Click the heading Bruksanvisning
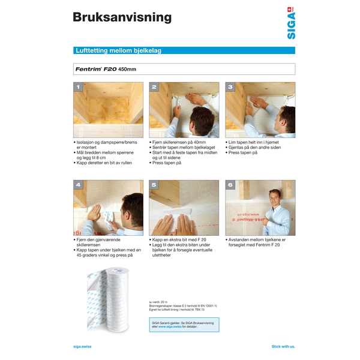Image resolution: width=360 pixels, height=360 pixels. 122,17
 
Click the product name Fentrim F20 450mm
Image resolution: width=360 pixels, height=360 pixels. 106,69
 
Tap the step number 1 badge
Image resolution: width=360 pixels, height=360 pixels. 77,87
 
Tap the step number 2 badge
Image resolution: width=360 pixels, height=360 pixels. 154,87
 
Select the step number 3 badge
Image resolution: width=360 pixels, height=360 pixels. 230,87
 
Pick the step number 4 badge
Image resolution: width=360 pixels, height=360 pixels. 77,185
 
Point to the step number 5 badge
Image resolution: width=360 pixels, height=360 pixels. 154,185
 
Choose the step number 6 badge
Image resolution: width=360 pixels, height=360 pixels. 230,185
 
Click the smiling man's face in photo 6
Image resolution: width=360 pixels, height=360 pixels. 275,197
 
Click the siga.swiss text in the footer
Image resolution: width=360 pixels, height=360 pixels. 82,346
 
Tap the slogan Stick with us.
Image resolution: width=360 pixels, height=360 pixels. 283,346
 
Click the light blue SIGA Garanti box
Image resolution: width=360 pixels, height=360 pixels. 184,325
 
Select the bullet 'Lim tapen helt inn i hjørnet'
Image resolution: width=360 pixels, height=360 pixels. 256,143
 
